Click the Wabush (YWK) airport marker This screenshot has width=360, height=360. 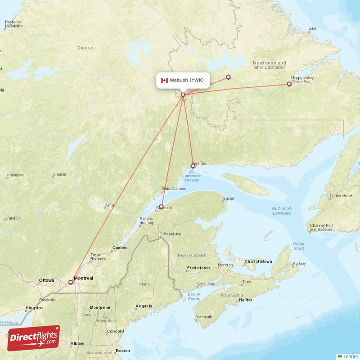tap(183, 94)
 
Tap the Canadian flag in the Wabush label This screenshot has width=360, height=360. tap(164, 81)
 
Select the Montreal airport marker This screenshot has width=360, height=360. tap(70, 283)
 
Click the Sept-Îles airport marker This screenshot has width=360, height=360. tap(193, 166)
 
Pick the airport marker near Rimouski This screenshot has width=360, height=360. tap(161, 207)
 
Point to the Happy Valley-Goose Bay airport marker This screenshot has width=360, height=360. tap(289, 84)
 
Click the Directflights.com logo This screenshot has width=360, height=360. tap(33, 338)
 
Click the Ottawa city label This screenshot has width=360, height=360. tap(46, 280)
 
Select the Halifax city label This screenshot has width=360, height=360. tap(246, 299)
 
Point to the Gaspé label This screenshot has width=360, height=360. tap(229, 198)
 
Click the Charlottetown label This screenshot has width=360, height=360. tap(258, 261)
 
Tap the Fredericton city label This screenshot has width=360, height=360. tap(198, 268)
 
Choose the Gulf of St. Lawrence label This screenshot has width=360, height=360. tap(282, 210)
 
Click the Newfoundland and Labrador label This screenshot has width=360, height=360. tap(270, 65)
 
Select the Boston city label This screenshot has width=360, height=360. tap(123, 351)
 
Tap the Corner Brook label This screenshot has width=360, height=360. tap(341, 196)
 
